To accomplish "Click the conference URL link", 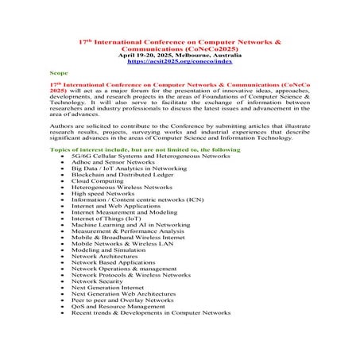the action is click(179, 60).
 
